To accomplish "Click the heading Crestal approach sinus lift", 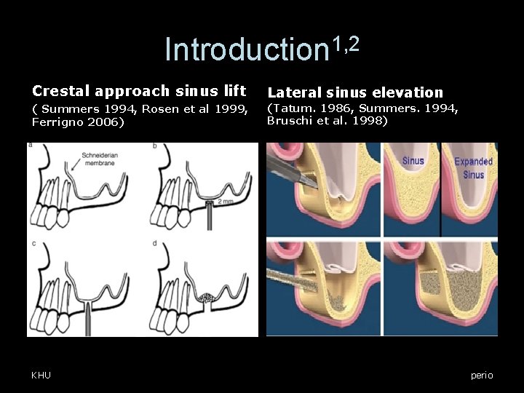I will (x=138, y=91).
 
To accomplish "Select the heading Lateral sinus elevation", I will (x=355, y=92).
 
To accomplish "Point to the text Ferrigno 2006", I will (x=78, y=122).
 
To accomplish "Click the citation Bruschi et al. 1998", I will (x=327, y=121).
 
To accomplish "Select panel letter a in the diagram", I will (x=31, y=146).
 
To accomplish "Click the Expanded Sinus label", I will (x=473, y=167).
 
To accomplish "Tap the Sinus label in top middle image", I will (x=413, y=160).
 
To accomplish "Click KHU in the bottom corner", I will (x=41, y=375).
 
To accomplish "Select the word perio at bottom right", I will (x=482, y=375).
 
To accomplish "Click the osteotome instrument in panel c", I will (x=89, y=317).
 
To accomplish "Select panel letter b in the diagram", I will (x=155, y=146).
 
